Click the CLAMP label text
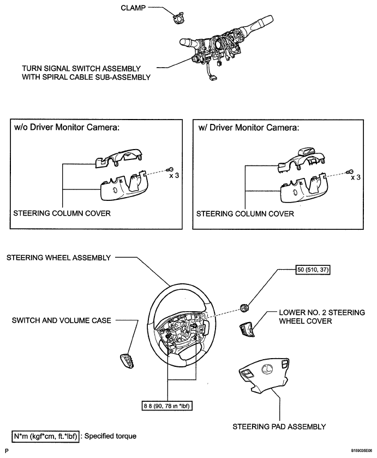133,8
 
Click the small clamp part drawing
177,18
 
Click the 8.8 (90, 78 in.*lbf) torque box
167,406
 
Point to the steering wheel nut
244,307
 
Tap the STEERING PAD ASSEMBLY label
279,427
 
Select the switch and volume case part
128,360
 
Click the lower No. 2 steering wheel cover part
247,330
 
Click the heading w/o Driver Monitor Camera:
67,127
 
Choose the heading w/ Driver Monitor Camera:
248,128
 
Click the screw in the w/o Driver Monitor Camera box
170,169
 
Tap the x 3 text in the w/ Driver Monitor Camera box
356,177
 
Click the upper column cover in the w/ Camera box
301,160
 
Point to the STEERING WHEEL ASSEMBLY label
59,258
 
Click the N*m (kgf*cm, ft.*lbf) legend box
45,436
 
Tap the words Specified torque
110,436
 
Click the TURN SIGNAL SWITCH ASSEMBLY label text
81,69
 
